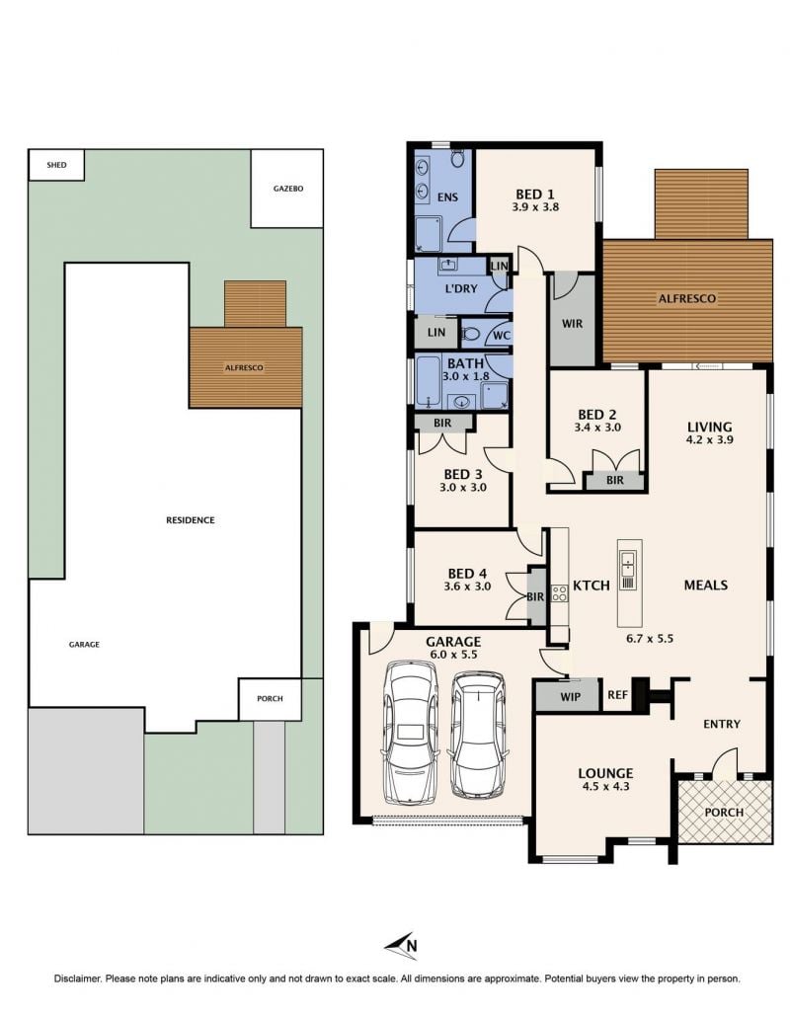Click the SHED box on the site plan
click(56, 165)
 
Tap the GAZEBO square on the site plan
click(287, 189)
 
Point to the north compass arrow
click(400, 946)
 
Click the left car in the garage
click(411, 732)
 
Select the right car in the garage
click(478, 735)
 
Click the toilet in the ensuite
click(457, 158)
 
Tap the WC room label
click(501, 336)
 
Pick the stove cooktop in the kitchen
click(559, 592)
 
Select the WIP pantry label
click(570, 697)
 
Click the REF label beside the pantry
click(617, 695)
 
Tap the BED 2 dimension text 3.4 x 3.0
click(597, 428)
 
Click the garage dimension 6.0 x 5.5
click(453, 655)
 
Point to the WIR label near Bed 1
click(572, 323)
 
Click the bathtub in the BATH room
click(429, 382)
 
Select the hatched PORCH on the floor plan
click(725, 811)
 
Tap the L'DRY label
click(461, 289)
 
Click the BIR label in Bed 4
click(535, 596)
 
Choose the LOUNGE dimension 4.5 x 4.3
click(605, 786)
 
